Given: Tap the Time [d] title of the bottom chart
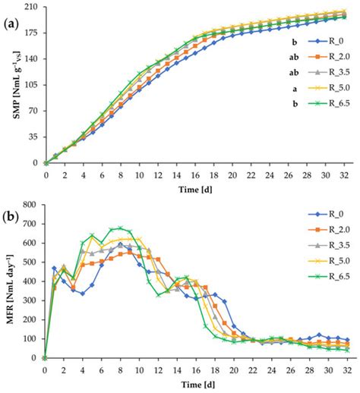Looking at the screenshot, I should [197, 385].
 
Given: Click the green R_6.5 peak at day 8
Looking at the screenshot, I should [120, 228].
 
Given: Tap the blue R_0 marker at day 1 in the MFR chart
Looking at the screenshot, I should [55, 268].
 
